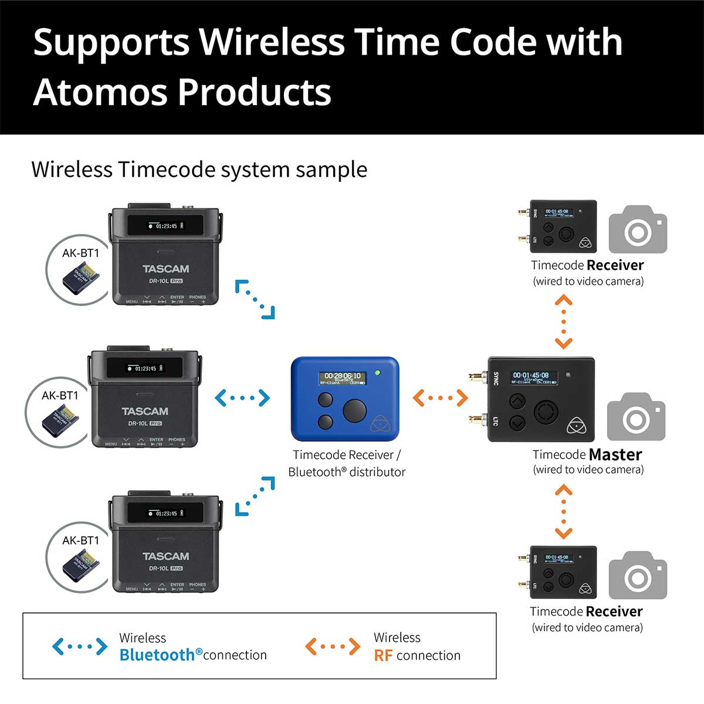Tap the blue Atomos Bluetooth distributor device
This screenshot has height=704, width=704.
tap(345, 399)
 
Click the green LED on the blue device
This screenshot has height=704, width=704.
tap(378, 372)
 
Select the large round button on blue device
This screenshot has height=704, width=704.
tap(354, 411)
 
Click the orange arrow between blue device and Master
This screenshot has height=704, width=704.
tap(440, 398)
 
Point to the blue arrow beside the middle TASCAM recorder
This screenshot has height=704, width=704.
tap(242, 398)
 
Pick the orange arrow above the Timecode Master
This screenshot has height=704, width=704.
tap(563, 322)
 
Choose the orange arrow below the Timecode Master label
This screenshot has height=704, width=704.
tap(563, 511)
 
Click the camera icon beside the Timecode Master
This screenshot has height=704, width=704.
tap(636, 417)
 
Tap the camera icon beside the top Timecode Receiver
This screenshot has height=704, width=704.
tap(638, 229)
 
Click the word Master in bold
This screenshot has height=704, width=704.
tap(615, 455)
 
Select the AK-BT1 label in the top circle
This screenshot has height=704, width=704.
tap(81, 253)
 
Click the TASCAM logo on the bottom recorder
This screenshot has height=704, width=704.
tap(165, 556)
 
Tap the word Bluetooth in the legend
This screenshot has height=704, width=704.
tap(157, 655)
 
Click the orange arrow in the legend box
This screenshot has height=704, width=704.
tap(333, 647)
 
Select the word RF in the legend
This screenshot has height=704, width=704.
tap(383, 655)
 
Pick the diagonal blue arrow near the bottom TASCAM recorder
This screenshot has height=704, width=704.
tap(255, 496)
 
